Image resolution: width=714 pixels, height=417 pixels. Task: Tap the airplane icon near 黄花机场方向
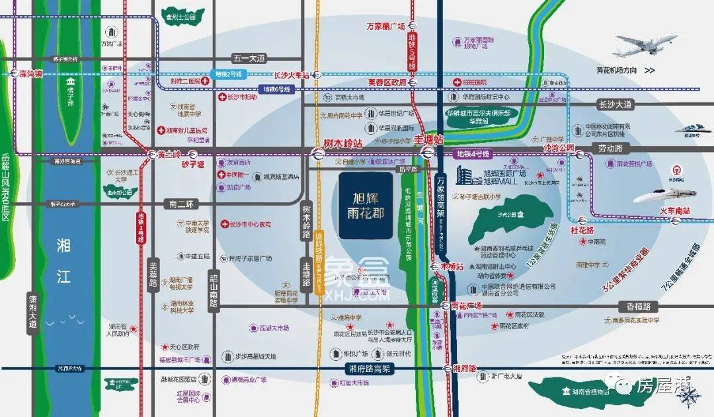(x=644, y=45)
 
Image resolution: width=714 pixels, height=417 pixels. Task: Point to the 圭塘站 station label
(x=427, y=139)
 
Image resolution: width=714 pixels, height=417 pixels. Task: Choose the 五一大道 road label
(x=248, y=58)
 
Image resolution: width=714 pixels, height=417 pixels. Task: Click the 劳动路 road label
(x=612, y=149)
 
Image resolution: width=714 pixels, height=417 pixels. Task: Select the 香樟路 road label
(x=639, y=307)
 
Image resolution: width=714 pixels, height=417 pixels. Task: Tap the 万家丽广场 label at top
(x=385, y=26)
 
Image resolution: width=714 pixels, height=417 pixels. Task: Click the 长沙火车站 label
(x=290, y=75)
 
